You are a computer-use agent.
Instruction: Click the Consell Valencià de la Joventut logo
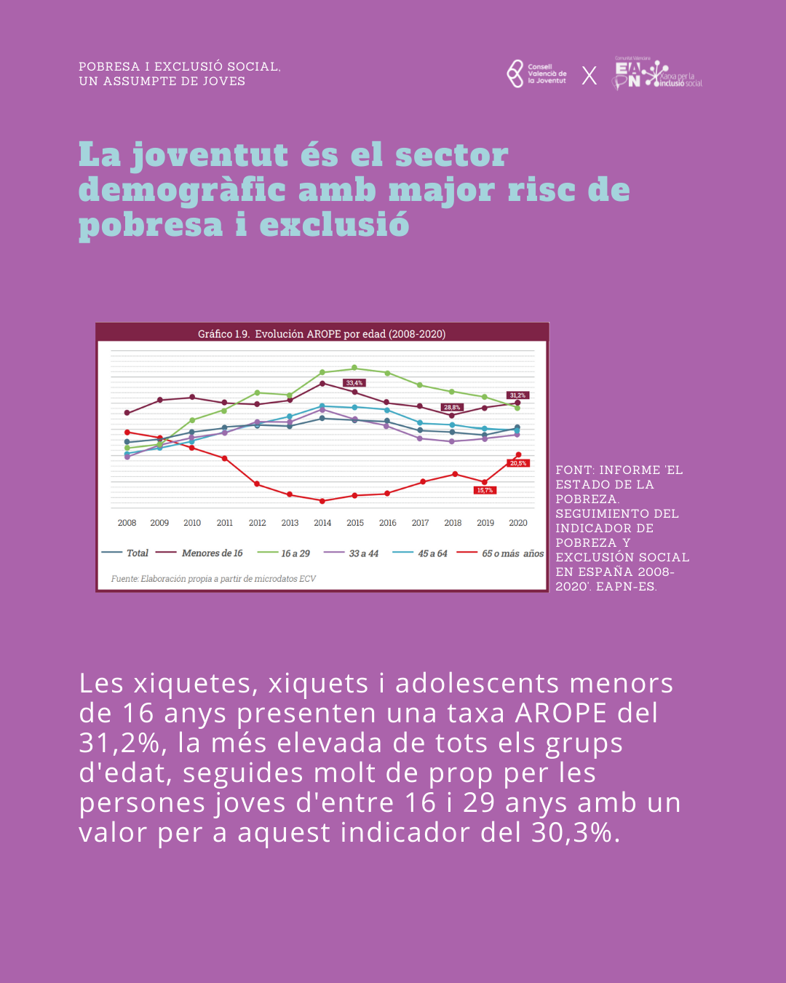tap(536, 74)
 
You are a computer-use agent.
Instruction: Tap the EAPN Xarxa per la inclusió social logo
tap(658, 74)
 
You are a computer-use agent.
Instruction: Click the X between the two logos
tap(589, 76)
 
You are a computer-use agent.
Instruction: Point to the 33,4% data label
tap(354, 383)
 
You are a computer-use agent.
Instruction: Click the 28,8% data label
tap(452, 407)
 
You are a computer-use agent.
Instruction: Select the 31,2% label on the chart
tap(517, 395)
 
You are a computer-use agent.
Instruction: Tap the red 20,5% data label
tap(518, 463)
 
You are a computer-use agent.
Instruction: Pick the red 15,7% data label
tap(485, 490)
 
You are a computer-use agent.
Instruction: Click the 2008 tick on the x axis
tap(127, 523)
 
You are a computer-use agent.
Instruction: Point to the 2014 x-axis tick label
tap(322, 523)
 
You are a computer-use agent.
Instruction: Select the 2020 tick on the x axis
tap(518, 523)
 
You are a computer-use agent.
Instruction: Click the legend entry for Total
tap(126, 553)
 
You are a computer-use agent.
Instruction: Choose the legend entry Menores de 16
tap(200, 553)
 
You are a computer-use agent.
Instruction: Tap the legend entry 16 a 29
tap(285, 553)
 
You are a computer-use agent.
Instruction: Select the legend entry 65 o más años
tap(501, 553)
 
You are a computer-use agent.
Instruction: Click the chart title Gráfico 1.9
tap(322, 333)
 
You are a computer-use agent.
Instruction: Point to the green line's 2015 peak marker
tap(354, 368)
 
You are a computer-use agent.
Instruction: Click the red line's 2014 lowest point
tap(322, 501)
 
